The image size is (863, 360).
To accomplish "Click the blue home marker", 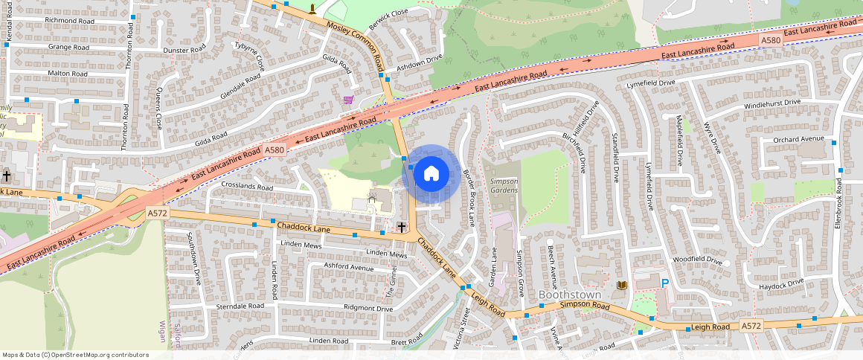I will click(x=431, y=174).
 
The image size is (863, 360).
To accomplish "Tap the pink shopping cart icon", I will click(x=348, y=100).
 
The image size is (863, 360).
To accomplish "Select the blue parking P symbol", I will click(x=665, y=283).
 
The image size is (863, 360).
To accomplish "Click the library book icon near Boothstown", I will click(x=622, y=286).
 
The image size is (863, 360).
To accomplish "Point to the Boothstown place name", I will click(x=570, y=295).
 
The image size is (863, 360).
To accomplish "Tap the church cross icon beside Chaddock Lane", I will click(x=402, y=226).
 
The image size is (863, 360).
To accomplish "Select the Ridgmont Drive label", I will click(x=368, y=308).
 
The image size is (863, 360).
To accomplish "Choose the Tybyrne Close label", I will click(x=249, y=57).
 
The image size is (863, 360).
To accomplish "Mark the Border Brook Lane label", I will click(x=469, y=199).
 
